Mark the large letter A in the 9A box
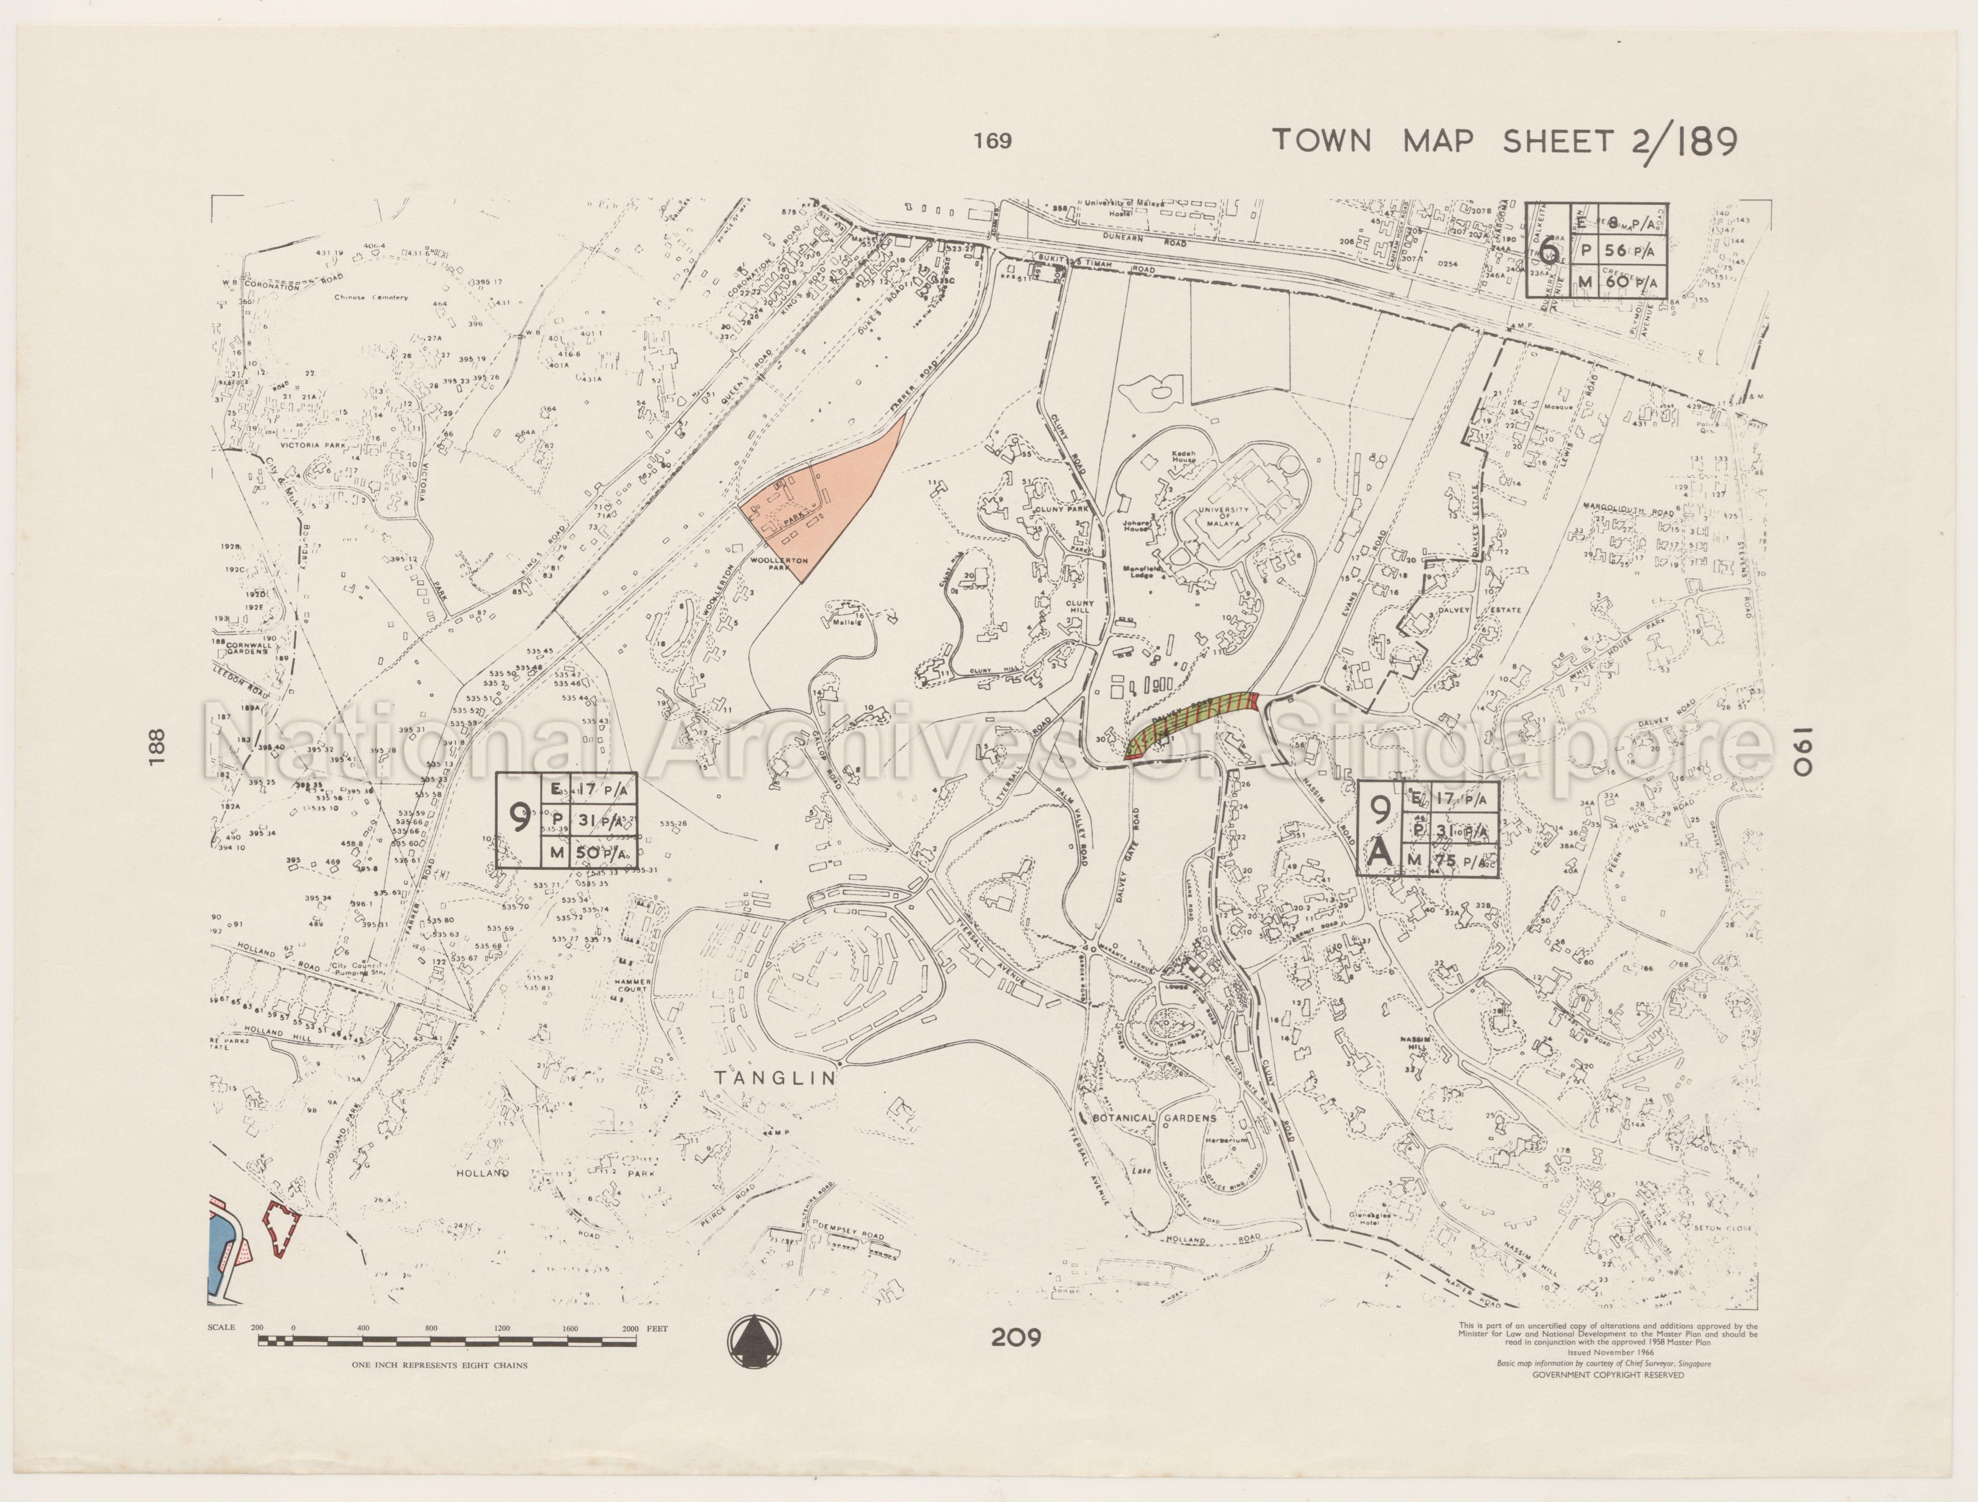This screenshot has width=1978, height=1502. [1382, 854]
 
